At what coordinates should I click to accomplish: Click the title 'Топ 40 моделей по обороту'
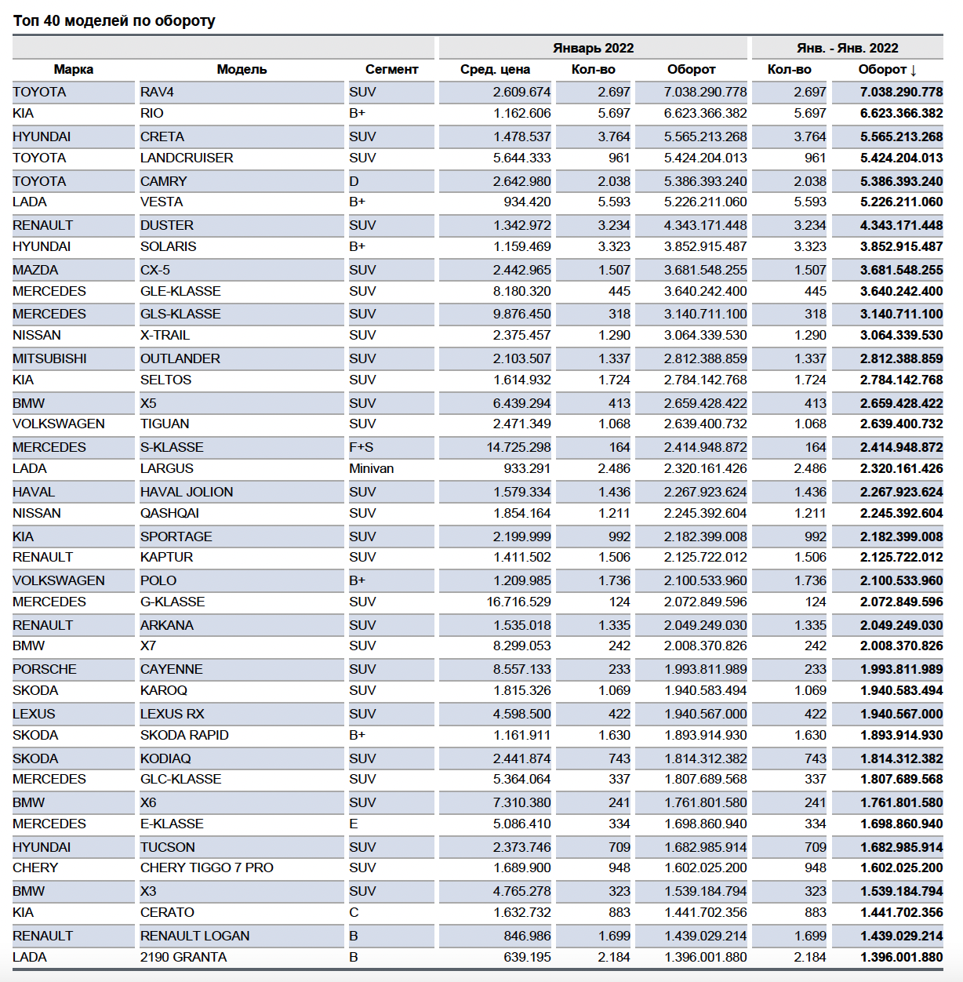[x=114, y=21]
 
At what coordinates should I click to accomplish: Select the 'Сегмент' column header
[x=391, y=70]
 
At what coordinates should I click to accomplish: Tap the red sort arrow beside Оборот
[x=914, y=70]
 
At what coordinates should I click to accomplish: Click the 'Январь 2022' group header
[x=593, y=48]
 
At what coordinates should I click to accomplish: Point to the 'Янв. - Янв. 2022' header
[x=847, y=48]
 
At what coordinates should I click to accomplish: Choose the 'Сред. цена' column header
[x=495, y=70]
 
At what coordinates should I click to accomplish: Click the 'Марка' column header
[x=74, y=70]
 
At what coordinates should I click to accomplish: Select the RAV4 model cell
[x=158, y=93]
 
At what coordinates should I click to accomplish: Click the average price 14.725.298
[x=518, y=448]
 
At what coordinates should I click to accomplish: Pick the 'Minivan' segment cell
[x=372, y=469]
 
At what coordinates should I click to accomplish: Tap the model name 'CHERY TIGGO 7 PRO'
[x=207, y=868]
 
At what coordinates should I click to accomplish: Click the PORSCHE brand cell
[x=45, y=670]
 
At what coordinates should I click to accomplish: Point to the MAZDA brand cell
[x=35, y=271]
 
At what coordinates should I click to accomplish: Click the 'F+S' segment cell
[x=362, y=448]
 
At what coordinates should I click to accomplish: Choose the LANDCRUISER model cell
[x=187, y=158]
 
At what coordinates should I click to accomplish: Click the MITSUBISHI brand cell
[x=49, y=359]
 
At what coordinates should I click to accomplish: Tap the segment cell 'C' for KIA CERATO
[x=354, y=913]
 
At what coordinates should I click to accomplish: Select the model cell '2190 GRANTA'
[x=184, y=958]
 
